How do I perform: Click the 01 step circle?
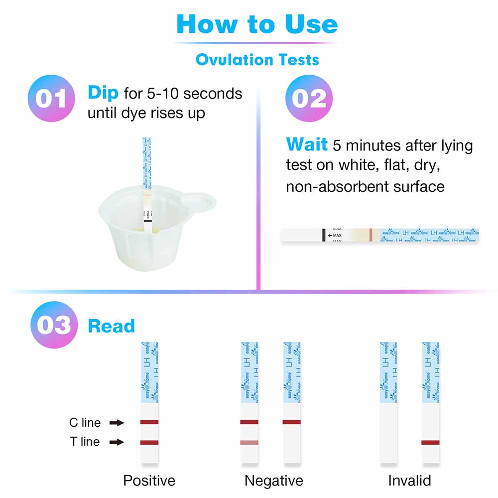coord(52,98)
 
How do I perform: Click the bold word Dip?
coord(103,93)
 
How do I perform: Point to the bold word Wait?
coord(306,145)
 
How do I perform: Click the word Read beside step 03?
coord(111,326)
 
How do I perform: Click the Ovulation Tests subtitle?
coord(257,60)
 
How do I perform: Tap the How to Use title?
coord(257,24)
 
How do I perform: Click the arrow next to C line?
coord(117,423)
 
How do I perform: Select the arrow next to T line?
coord(117,442)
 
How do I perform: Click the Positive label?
coord(149,481)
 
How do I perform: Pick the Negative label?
coord(273,481)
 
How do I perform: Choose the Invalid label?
coord(409,481)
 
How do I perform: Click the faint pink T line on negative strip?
coord(249,442)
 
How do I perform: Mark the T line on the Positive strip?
coord(149,442)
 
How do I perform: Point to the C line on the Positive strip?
coord(149,422)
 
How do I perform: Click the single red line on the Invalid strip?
coord(430,442)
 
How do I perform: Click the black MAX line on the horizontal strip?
coord(324,236)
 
